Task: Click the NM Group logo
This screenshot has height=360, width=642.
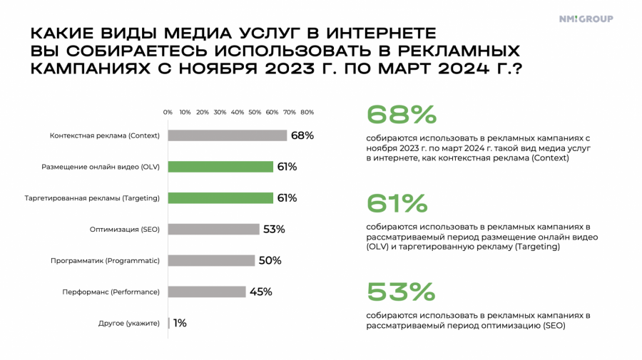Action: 586,19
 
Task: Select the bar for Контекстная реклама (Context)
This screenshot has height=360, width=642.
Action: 227,135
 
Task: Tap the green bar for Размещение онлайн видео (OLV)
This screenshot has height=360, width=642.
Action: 220,167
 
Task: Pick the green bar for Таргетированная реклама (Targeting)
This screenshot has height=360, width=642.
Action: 220,198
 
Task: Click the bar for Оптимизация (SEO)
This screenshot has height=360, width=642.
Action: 213,230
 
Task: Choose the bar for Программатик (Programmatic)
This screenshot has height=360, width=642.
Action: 211,261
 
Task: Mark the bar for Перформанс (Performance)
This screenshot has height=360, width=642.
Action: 207,292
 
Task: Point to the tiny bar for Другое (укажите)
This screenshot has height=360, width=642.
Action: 169,323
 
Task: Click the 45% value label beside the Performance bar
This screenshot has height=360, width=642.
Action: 261,292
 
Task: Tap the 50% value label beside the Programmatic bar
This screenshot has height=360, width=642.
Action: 270,261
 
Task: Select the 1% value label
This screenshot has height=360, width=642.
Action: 180,323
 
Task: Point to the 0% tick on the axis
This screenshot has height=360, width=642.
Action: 168,112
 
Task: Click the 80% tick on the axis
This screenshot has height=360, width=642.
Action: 307,112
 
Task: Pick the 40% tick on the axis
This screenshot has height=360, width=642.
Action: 238,112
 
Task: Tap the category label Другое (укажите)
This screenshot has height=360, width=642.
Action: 128,323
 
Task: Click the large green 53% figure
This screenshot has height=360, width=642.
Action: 400,292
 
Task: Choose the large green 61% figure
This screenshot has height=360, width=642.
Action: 397,204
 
